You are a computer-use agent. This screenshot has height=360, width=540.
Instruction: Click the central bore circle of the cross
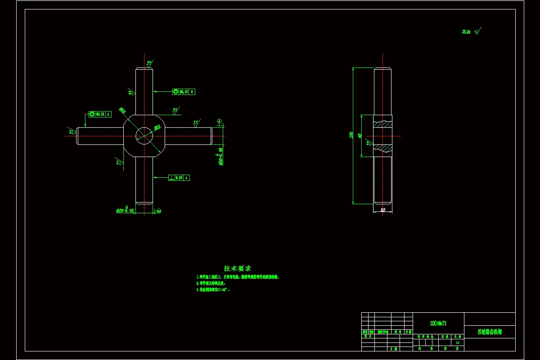[x=144, y=135]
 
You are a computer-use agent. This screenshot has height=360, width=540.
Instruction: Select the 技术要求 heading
[x=238, y=268]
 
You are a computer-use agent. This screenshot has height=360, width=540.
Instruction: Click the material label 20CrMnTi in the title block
[x=438, y=323]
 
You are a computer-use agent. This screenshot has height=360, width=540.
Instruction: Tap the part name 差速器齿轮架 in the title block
[x=490, y=332]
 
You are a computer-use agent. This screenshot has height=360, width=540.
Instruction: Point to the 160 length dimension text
[x=351, y=135]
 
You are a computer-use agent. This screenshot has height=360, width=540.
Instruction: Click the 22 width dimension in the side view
[x=383, y=210]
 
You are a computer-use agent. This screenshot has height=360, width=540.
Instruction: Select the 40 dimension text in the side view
[x=360, y=135]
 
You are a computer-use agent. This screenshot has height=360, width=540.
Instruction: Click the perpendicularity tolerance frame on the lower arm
[x=179, y=178]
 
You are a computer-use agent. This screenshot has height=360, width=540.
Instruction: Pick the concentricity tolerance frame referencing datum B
[x=184, y=92]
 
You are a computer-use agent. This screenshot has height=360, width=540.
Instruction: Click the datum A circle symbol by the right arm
[x=219, y=121]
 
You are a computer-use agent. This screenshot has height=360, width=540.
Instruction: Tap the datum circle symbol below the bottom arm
[x=159, y=211]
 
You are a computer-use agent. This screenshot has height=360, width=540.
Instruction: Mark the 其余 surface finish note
[x=471, y=31]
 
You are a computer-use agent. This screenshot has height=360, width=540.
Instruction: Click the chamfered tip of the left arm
[x=77, y=136]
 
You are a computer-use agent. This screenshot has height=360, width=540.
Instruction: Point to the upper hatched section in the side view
[x=382, y=124]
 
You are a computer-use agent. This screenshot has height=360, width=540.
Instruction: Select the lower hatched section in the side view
[x=382, y=148]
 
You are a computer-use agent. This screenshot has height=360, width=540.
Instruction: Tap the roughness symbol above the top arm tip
[x=149, y=64]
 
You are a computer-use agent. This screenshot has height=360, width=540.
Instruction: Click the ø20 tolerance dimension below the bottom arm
[x=126, y=210]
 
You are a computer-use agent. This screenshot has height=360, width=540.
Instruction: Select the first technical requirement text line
[x=238, y=277]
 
